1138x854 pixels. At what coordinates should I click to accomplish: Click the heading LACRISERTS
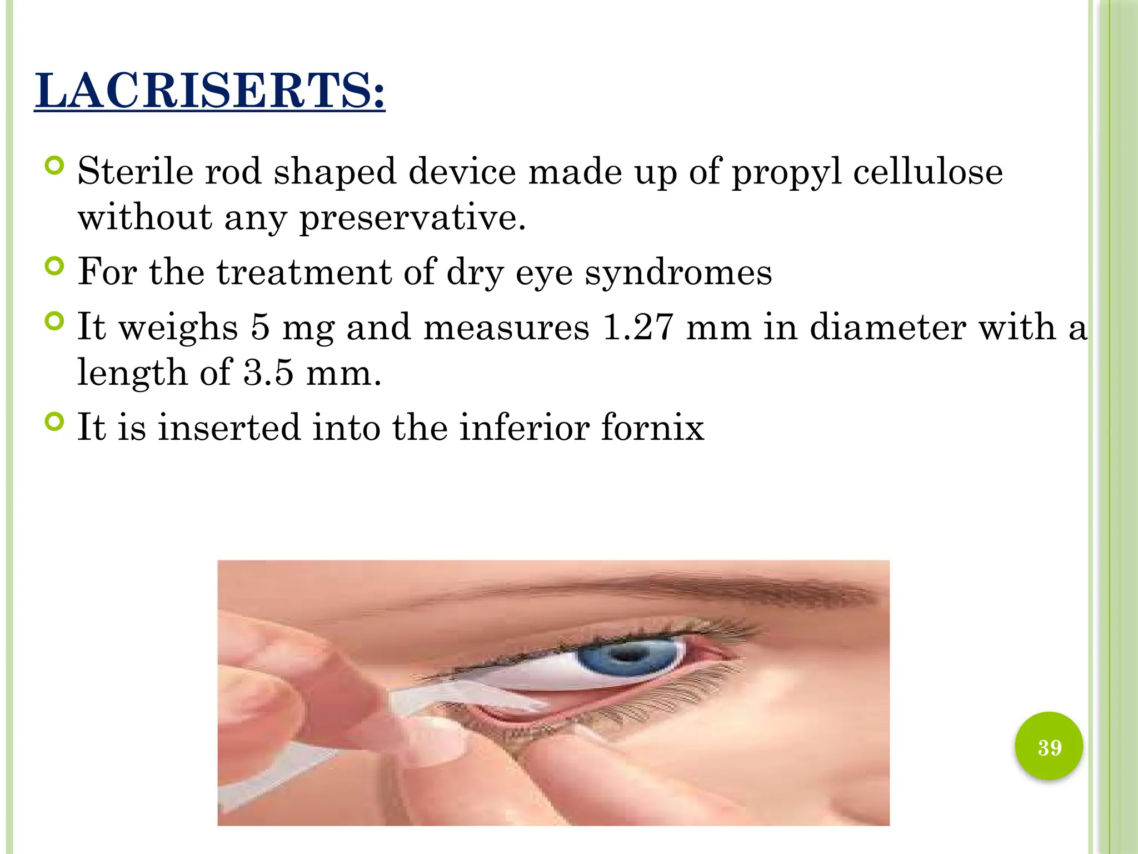click(x=209, y=91)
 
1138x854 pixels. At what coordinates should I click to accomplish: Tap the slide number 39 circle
click(x=1049, y=747)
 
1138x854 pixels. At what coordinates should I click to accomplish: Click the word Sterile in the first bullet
click(x=135, y=171)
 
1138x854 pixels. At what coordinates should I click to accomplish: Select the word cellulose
click(x=927, y=171)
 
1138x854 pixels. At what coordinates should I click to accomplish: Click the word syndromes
click(x=678, y=272)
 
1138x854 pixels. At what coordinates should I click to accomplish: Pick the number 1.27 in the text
click(x=638, y=327)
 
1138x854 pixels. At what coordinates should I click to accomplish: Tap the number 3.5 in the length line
click(x=268, y=373)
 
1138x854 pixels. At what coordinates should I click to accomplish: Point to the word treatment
click(x=303, y=272)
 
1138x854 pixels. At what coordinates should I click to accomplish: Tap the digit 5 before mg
click(x=260, y=327)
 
